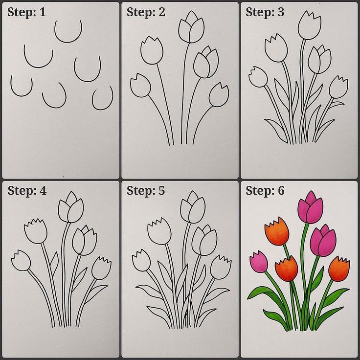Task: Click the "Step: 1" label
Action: tap(26, 12)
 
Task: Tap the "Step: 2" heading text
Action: tap(146, 12)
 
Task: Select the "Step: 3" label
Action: tap(265, 12)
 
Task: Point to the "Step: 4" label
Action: tap(27, 191)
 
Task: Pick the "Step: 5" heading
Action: tap(146, 191)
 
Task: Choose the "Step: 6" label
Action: tap(265, 191)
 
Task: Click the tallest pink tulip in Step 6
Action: tap(310, 208)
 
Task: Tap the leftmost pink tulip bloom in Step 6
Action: tap(259, 262)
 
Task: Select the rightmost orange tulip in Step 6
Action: tap(339, 269)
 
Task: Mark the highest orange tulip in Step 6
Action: tap(277, 230)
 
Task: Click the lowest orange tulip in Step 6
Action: tap(287, 269)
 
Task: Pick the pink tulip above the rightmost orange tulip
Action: tap(323, 241)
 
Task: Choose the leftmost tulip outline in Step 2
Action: tap(141, 85)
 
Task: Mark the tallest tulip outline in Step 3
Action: tap(309, 25)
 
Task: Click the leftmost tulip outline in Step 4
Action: tap(21, 260)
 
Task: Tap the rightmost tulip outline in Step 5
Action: tap(220, 267)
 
